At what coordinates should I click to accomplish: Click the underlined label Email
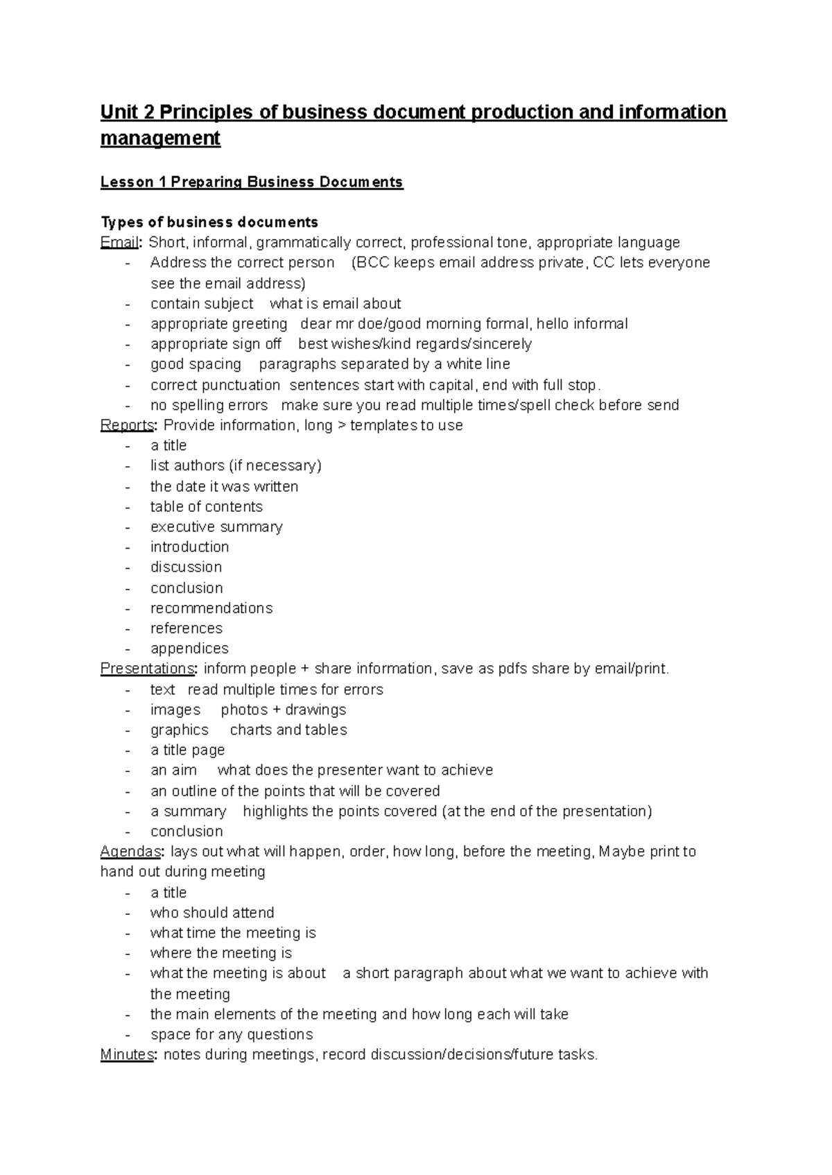click(x=120, y=242)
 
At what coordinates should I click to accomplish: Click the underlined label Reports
click(x=127, y=425)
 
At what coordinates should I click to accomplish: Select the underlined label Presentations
click(x=148, y=669)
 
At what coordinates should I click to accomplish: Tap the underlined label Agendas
click(x=131, y=851)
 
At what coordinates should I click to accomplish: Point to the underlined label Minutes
click(x=127, y=1054)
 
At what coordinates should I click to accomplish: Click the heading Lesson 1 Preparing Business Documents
click(x=251, y=182)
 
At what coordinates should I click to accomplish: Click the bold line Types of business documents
click(x=209, y=222)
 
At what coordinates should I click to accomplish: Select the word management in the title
click(x=160, y=138)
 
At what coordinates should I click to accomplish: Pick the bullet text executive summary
click(x=216, y=526)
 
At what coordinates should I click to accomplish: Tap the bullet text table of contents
click(x=207, y=506)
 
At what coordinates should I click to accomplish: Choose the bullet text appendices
click(x=189, y=648)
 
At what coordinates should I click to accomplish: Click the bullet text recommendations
click(x=211, y=608)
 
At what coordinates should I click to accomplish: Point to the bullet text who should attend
click(x=212, y=912)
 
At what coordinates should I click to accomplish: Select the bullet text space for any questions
click(x=232, y=1034)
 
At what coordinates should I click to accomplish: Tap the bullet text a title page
click(x=187, y=750)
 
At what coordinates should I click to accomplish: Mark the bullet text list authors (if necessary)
click(x=236, y=465)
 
